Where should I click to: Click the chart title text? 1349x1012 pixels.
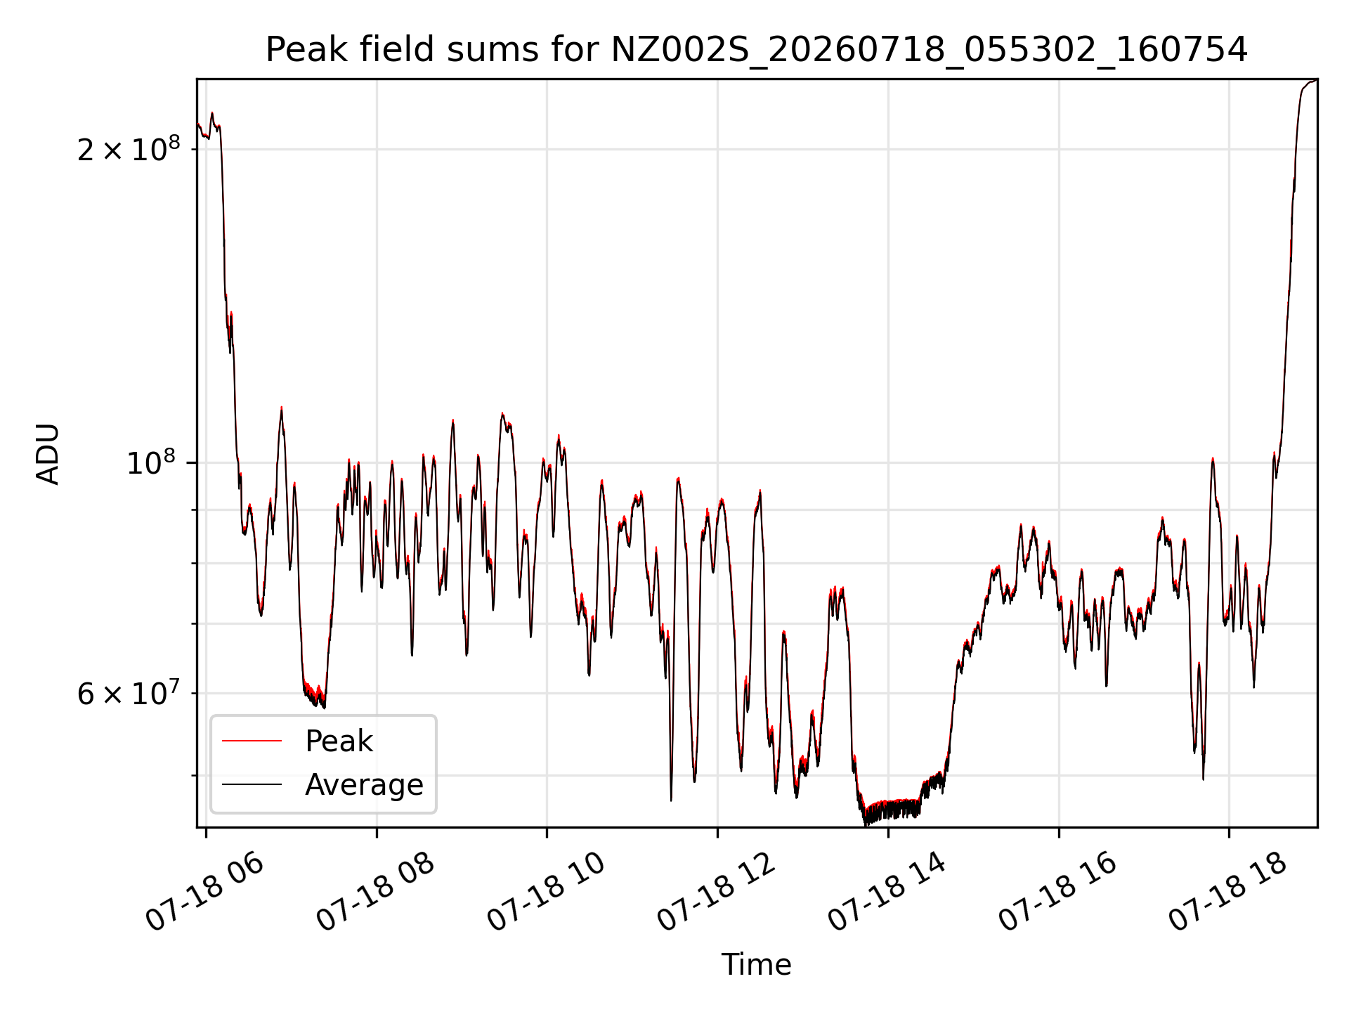click(x=756, y=50)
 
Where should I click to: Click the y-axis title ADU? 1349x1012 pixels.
click(x=48, y=454)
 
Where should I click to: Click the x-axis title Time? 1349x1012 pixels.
click(x=756, y=965)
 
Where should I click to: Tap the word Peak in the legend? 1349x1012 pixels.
click(x=339, y=741)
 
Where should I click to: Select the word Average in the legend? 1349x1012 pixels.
click(x=364, y=785)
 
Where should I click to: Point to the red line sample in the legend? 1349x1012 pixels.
click(x=252, y=741)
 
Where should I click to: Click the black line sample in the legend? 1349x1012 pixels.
click(x=252, y=784)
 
